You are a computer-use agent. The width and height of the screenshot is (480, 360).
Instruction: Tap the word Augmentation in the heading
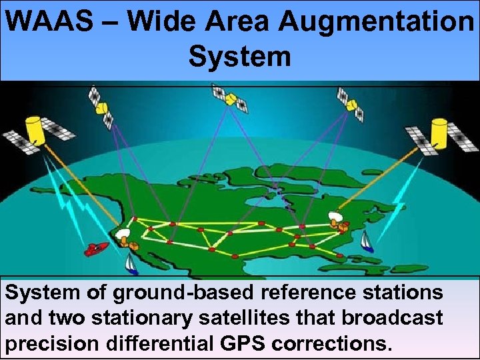click(x=375, y=22)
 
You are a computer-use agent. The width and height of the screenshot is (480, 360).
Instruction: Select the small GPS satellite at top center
click(x=230, y=98)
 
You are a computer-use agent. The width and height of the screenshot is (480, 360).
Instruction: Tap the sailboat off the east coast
click(x=366, y=241)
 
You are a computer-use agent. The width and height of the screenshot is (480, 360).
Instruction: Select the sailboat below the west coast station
click(x=132, y=265)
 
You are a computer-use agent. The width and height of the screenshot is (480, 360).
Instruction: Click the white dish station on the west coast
click(x=125, y=235)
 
